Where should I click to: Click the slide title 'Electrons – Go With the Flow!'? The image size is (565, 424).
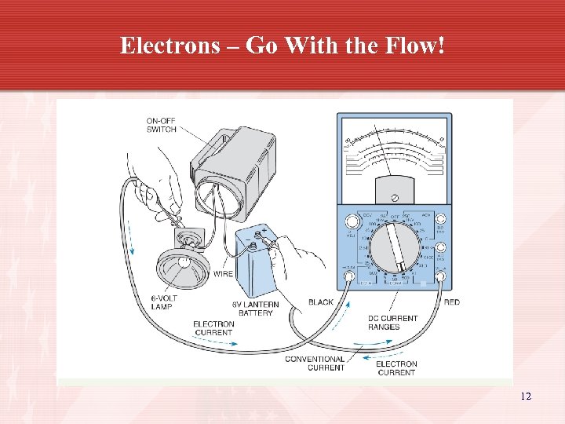click(282, 46)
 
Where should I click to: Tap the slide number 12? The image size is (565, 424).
click(526, 397)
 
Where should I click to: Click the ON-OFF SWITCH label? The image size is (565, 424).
click(161, 125)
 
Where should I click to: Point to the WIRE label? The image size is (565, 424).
click(223, 275)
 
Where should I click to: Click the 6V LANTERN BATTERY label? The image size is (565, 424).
click(252, 309)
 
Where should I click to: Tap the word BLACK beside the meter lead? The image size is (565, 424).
click(321, 302)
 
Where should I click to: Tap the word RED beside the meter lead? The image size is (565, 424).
click(451, 302)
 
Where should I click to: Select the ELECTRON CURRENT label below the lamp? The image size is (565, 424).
click(213, 328)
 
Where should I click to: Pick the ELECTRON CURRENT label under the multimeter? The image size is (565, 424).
click(396, 368)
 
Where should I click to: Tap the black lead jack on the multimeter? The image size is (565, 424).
click(348, 276)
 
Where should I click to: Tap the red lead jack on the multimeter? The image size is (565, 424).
click(441, 276)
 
